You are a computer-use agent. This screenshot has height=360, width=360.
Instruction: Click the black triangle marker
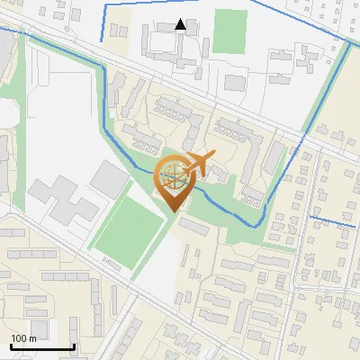click(181, 24)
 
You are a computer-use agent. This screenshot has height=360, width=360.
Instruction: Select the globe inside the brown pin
click(173, 177)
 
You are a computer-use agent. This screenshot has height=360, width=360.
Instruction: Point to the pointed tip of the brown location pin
click(173, 212)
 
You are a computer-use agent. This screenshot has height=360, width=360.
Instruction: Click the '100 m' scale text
click(23, 338)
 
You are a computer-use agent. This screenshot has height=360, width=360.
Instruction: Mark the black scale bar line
click(42, 347)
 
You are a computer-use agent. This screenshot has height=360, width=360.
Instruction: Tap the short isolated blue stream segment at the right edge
click(334, 217)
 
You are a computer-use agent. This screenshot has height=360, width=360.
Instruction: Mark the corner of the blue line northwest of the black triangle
click(105, 7)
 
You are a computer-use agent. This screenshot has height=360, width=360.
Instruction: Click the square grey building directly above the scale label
click(37, 328)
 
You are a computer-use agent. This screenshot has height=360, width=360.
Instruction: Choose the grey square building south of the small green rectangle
click(234, 83)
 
